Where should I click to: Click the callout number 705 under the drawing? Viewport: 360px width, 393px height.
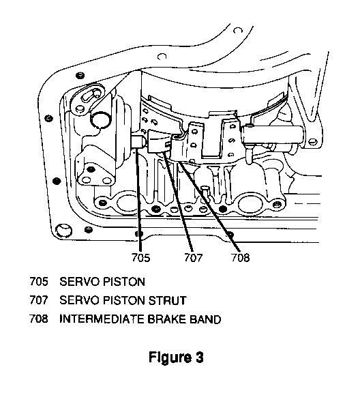(140, 257)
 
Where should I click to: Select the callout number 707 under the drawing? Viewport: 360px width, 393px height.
(193, 257)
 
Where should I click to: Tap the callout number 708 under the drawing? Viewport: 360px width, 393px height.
(240, 257)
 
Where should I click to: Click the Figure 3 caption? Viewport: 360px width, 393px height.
(176, 357)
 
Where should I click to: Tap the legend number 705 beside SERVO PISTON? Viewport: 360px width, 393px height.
(39, 281)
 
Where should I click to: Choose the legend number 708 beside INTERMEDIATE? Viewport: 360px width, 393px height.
(39, 319)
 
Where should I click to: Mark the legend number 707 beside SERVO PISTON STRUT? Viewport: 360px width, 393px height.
(39, 300)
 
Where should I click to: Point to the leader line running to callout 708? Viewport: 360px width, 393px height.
(210, 207)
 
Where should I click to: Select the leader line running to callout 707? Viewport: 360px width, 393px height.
(178, 201)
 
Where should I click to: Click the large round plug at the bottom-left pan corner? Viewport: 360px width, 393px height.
(63, 231)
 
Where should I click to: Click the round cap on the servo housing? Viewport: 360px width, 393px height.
(100, 120)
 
